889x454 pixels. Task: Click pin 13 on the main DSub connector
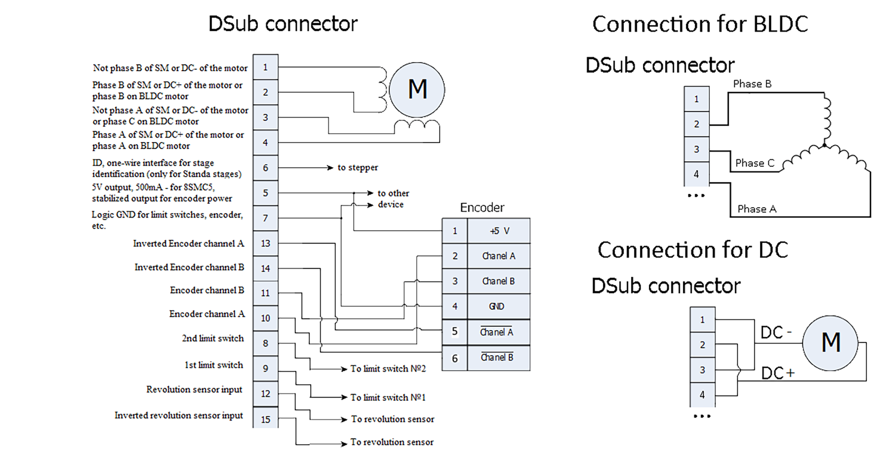(265, 243)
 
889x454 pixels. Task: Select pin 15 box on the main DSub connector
(265, 419)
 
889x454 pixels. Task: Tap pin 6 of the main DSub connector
(265, 168)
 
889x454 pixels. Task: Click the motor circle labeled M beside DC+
(830, 343)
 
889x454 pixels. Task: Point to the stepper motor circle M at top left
(417, 90)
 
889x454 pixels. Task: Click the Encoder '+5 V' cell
(498, 231)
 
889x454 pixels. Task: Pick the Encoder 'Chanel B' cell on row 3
(498, 281)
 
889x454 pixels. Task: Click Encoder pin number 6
(454, 358)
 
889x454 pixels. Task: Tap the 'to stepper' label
(357, 167)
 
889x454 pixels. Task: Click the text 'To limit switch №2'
(388, 369)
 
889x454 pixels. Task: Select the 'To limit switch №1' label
(388, 397)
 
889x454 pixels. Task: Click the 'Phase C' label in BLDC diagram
(754, 163)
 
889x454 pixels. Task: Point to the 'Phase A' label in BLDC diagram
(757, 209)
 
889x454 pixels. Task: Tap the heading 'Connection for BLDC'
(700, 24)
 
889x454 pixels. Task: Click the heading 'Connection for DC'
(692, 250)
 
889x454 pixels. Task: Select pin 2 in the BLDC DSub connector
(696, 124)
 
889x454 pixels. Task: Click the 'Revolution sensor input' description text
(194, 390)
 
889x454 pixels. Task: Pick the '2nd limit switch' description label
(212, 338)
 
